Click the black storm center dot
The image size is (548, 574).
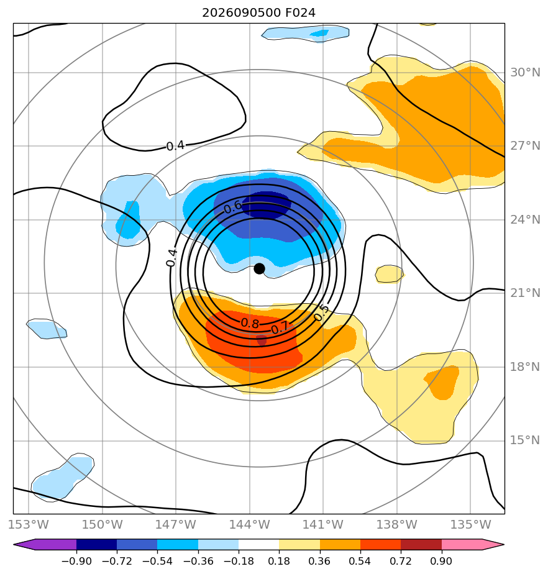pyautogui.click(x=259, y=269)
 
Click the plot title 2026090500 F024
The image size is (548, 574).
pyautogui.click(x=259, y=13)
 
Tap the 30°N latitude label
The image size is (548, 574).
pyautogui.click(x=525, y=73)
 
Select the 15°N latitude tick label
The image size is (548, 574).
pyautogui.click(x=525, y=440)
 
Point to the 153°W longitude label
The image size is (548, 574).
pyautogui.click(x=29, y=524)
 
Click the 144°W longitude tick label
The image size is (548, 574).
pyautogui.click(x=250, y=524)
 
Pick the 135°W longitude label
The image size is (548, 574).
pyautogui.click(x=470, y=524)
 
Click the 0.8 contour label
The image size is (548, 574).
pyautogui.click(x=250, y=323)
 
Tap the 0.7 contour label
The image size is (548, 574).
pyautogui.click(x=280, y=328)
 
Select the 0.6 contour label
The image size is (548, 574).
pyautogui.click(x=232, y=207)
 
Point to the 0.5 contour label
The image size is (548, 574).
pyautogui.click(x=321, y=313)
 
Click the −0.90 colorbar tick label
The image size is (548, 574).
pyautogui.click(x=76, y=561)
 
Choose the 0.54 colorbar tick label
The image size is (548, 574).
pyautogui.click(x=360, y=561)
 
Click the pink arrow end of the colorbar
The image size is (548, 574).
pyautogui.click(x=473, y=544)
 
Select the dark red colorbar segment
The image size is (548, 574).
pyautogui.click(x=421, y=544)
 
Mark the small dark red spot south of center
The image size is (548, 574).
pyautogui.click(x=262, y=340)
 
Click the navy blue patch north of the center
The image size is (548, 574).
pyautogui.click(x=266, y=204)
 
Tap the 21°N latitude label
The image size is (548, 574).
pyautogui.click(x=525, y=293)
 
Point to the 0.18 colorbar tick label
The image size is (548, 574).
pyautogui.click(x=279, y=561)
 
